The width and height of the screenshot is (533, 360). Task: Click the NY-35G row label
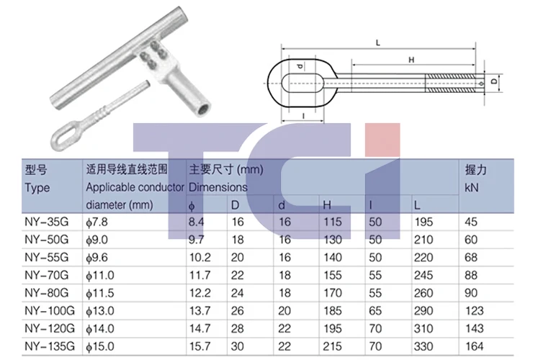pyautogui.click(x=47, y=222)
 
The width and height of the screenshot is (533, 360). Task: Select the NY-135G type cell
pyautogui.click(x=50, y=346)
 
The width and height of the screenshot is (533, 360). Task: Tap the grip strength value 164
pyautogui.click(x=474, y=346)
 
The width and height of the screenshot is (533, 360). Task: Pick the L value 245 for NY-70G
pyautogui.click(x=424, y=275)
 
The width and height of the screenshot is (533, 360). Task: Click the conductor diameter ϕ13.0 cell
pyautogui.click(x=100, y=311)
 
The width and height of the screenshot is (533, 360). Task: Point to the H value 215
pyautogui.click(x=332, y=346)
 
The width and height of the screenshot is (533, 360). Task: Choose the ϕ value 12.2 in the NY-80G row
pyautogui.click(x=200, y=293)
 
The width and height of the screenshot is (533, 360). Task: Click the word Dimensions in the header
pyautogui.click(x=218, y=187)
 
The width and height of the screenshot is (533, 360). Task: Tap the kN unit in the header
pyautogui.click(x=472, y=187)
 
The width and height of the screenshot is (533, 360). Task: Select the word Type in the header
pyautogui.click(x=37, y=188)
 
